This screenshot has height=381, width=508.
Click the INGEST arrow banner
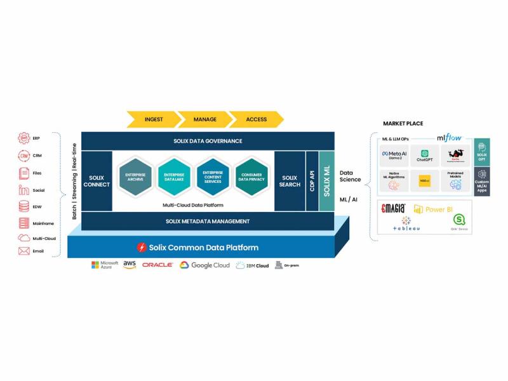[x=153, y=119]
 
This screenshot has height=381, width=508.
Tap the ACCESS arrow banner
[x=256, y=119]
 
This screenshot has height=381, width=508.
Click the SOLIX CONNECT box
[x=97, y=181]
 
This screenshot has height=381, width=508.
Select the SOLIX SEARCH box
[x=290, y=181]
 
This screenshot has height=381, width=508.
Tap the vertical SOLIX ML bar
[x=326, y=181]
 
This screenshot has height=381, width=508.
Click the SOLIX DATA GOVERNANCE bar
[x=208, y=141]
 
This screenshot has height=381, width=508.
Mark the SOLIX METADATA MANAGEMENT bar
[x=208, y=221]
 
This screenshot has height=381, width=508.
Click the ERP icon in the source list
[x=24, y=138]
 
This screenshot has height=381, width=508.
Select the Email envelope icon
[x=24, y=251]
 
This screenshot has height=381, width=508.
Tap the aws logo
[x=130, y=265]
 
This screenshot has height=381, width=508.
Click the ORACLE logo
[x=157, y=265]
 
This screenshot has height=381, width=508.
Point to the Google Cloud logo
[x=204, y=265]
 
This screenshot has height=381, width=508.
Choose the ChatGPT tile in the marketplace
[x=425, y=156]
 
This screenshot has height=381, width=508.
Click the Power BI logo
[x=434, y=209]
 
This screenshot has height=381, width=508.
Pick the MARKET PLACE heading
[x=403, y=123]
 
